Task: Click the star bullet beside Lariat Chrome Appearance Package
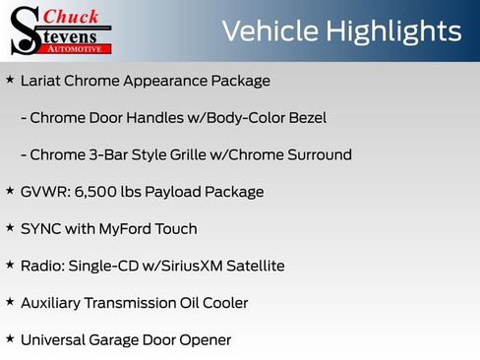(10, 80)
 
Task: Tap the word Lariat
(42, 81)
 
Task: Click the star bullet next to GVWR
(10, 191)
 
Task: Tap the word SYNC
(42, 229)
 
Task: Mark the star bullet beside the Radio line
(10, 265)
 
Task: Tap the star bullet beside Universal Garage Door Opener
(10, 339)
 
